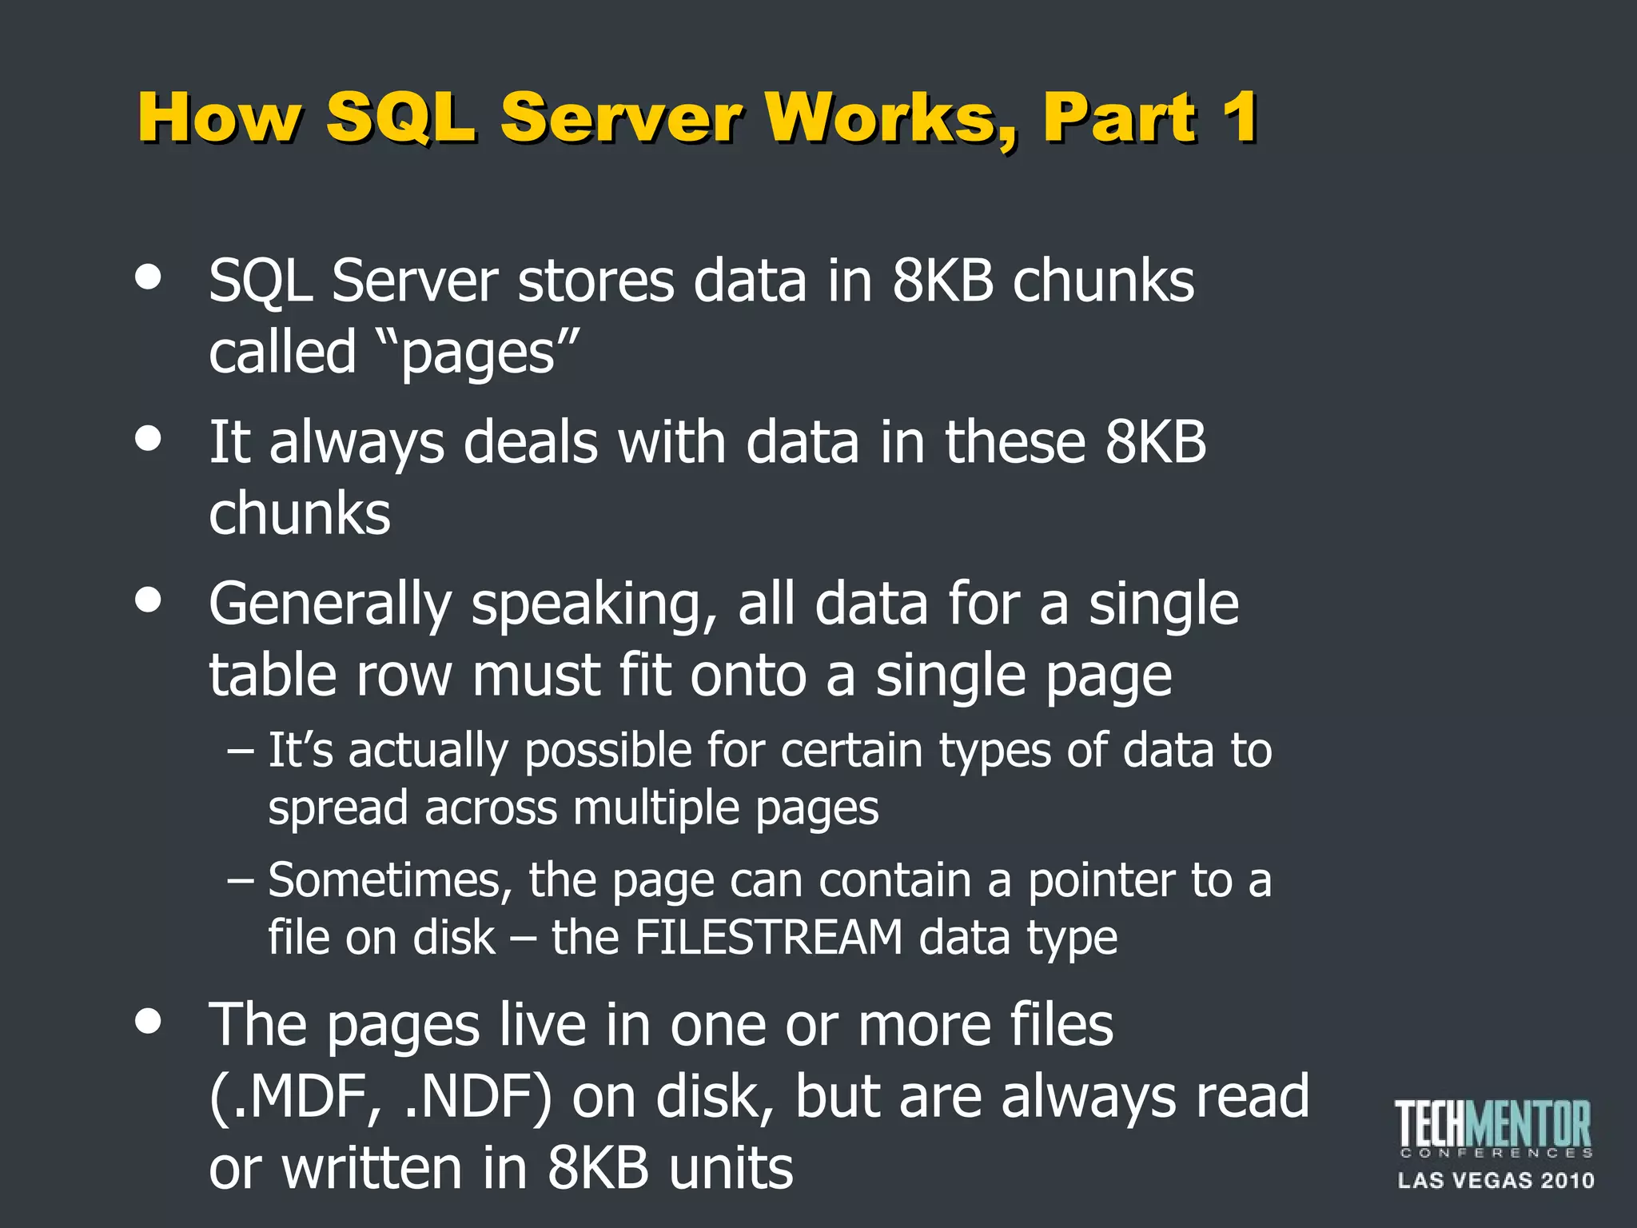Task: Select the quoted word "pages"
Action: [x=478, y=353]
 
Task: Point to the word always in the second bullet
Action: [x=356, y=444]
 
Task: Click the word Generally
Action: [x=330, y=605]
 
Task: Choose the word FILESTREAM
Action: [x=768, y=937]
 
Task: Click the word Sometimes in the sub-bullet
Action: [x=389, y=880]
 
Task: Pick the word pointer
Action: [x=1101, y=880]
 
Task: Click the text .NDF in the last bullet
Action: [x=477, y=1097]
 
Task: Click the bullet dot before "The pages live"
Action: [x=149, y=1021]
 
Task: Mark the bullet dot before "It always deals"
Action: [x=149, y=439]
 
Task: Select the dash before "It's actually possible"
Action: [x=241, y=751]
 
